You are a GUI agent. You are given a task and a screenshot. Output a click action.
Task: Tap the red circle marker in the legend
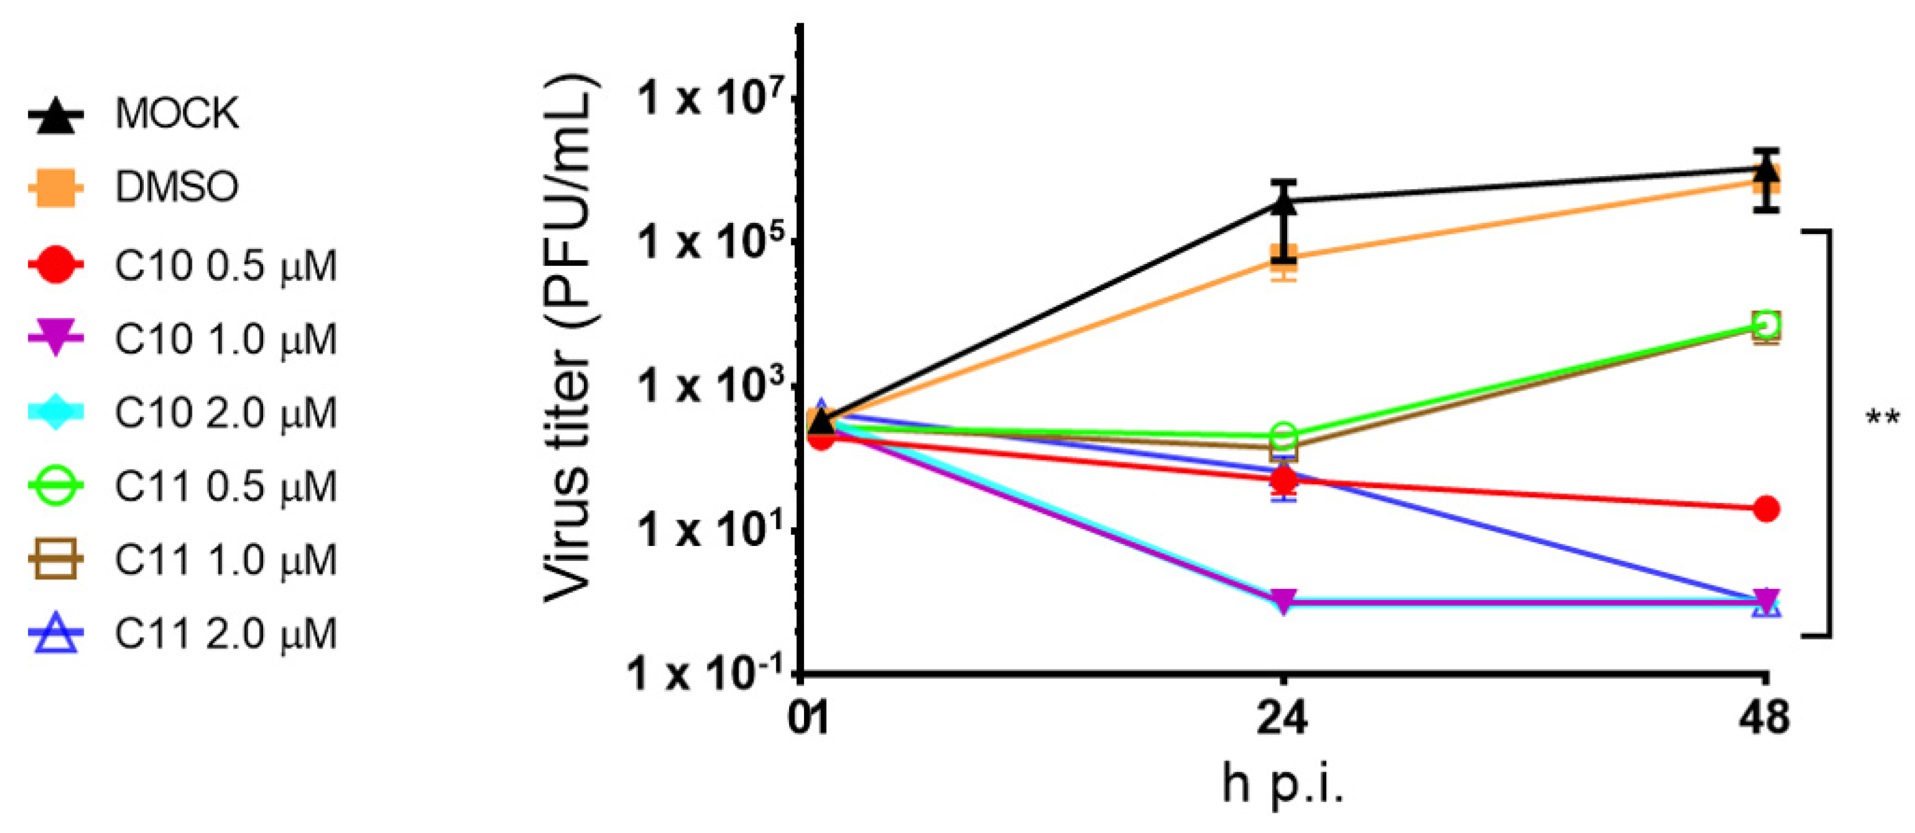pyautogui.click(x=56, y=265)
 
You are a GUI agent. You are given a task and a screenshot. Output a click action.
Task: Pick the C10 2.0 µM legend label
pyautogui.click(x=225, y=413)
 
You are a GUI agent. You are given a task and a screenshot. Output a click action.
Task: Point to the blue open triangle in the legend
pyautogui.click(x=56, y=635)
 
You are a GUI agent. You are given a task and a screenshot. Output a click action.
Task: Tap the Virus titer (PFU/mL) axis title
pyautogui.click(x=569, y=339)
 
